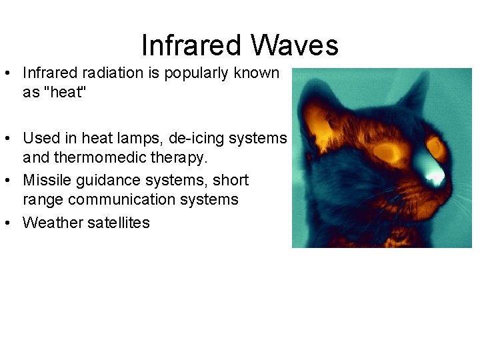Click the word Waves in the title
pos(295,45)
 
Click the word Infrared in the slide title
pos(191,45)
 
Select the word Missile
pos(45,180)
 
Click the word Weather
pos(53,222)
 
